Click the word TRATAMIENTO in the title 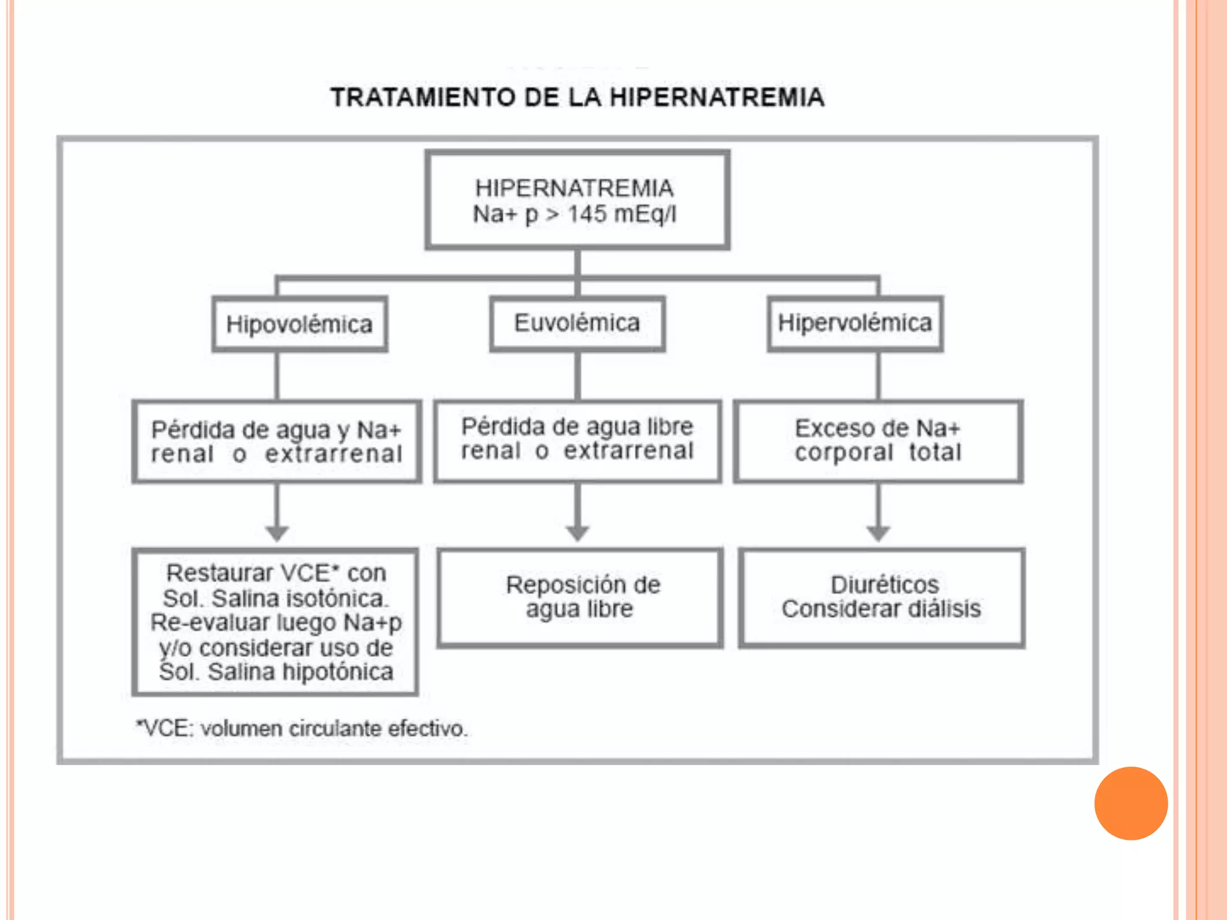tap(423, 98)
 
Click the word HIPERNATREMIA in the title tap(717, 98)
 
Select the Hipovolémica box tap(300, 324)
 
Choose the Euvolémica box tap(578, 323)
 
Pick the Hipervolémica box tap(855, 323)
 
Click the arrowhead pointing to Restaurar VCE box tap(277, 533)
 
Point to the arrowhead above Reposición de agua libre tap(578, 533)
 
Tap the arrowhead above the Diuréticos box tap(878, 533)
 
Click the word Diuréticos tap(885, 585)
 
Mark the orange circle tap(1131, 803)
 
